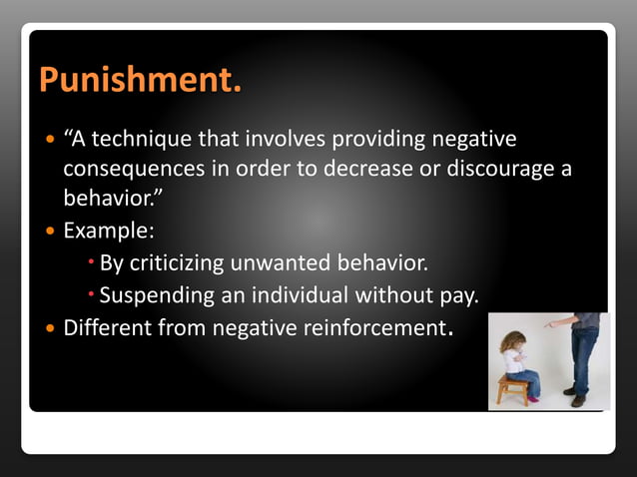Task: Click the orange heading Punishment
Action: tap(140, 80)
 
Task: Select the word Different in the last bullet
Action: tap(105, 327)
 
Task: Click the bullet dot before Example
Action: tap(51, 231)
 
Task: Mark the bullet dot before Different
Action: tap(51, 327)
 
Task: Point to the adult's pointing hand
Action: tap(552, 324)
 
